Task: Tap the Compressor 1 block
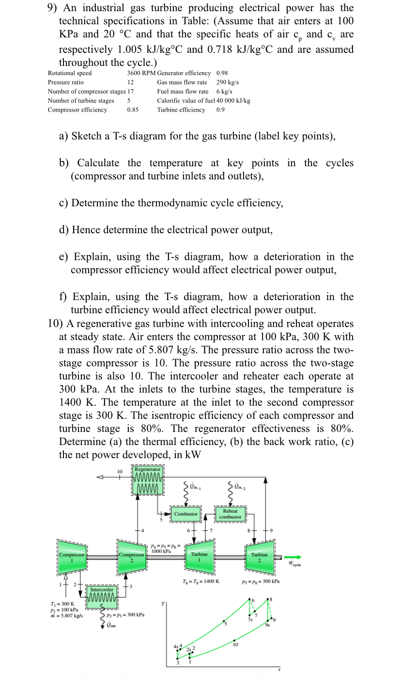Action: (x=72, y=556)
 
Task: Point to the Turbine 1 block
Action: (x=199, y=556)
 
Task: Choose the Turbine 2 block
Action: (x=259, y=556)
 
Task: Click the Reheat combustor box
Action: (x=230, y=514)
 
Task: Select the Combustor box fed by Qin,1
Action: (x=186, y=513)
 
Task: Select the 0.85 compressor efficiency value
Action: (x=133, y=110)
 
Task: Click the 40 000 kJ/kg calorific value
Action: (x=233, y=101)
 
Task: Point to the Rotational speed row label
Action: (x=70, y=73)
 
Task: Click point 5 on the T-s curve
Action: (x=224, y=622)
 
